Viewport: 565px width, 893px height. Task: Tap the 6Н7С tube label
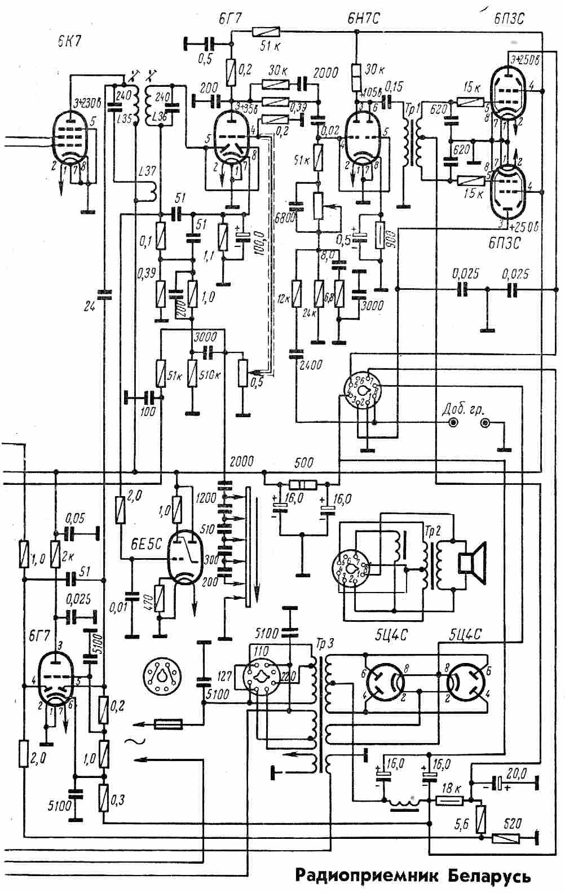[x=363, y=19]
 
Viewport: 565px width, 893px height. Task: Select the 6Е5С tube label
[x=146, y=544]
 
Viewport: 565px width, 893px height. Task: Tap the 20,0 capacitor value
[x=517, y=774]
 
